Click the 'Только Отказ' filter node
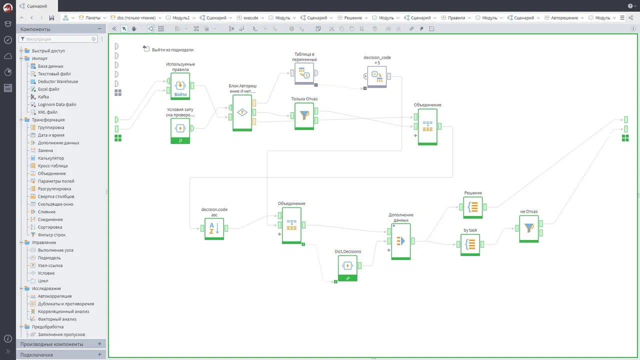pyautogui.click(x=304, y=115)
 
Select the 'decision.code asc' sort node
pyautogui.click(x=214, y=228)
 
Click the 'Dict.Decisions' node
pyautogui.click(x=347, y=268)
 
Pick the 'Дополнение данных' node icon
pyautogui.click(x=401, y=241)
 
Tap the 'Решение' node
pyautogui.click(x=473, y=207)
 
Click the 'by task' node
pyautogui.click(x=470, y=244)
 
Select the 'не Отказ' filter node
pyautogui.click(x=528, y=228)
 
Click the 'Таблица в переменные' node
pyautogui.click(x=304, y=73)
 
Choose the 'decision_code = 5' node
pyautogui.click(x=377, y=76)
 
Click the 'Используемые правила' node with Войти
pyautogui.click(x=180, y=86)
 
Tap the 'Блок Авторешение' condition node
pyautogui.click(x=242, y=113)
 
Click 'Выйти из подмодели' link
pyautogui.click(x=172, y=49)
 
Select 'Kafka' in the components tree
pyautogui.click(x=43, y=97)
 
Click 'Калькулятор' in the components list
pyautogui.click(x=51, y=158)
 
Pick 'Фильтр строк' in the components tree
pyautogui.click(x=51, y=235)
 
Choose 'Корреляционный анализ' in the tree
pyautogui.click(x=63, y=311)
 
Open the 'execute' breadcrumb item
pyautogui.click(x=250, y=17)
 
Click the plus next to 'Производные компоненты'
pyautogui.click(x=99, y=343)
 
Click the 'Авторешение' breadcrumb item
pyautogui.click(x=564, y=17)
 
